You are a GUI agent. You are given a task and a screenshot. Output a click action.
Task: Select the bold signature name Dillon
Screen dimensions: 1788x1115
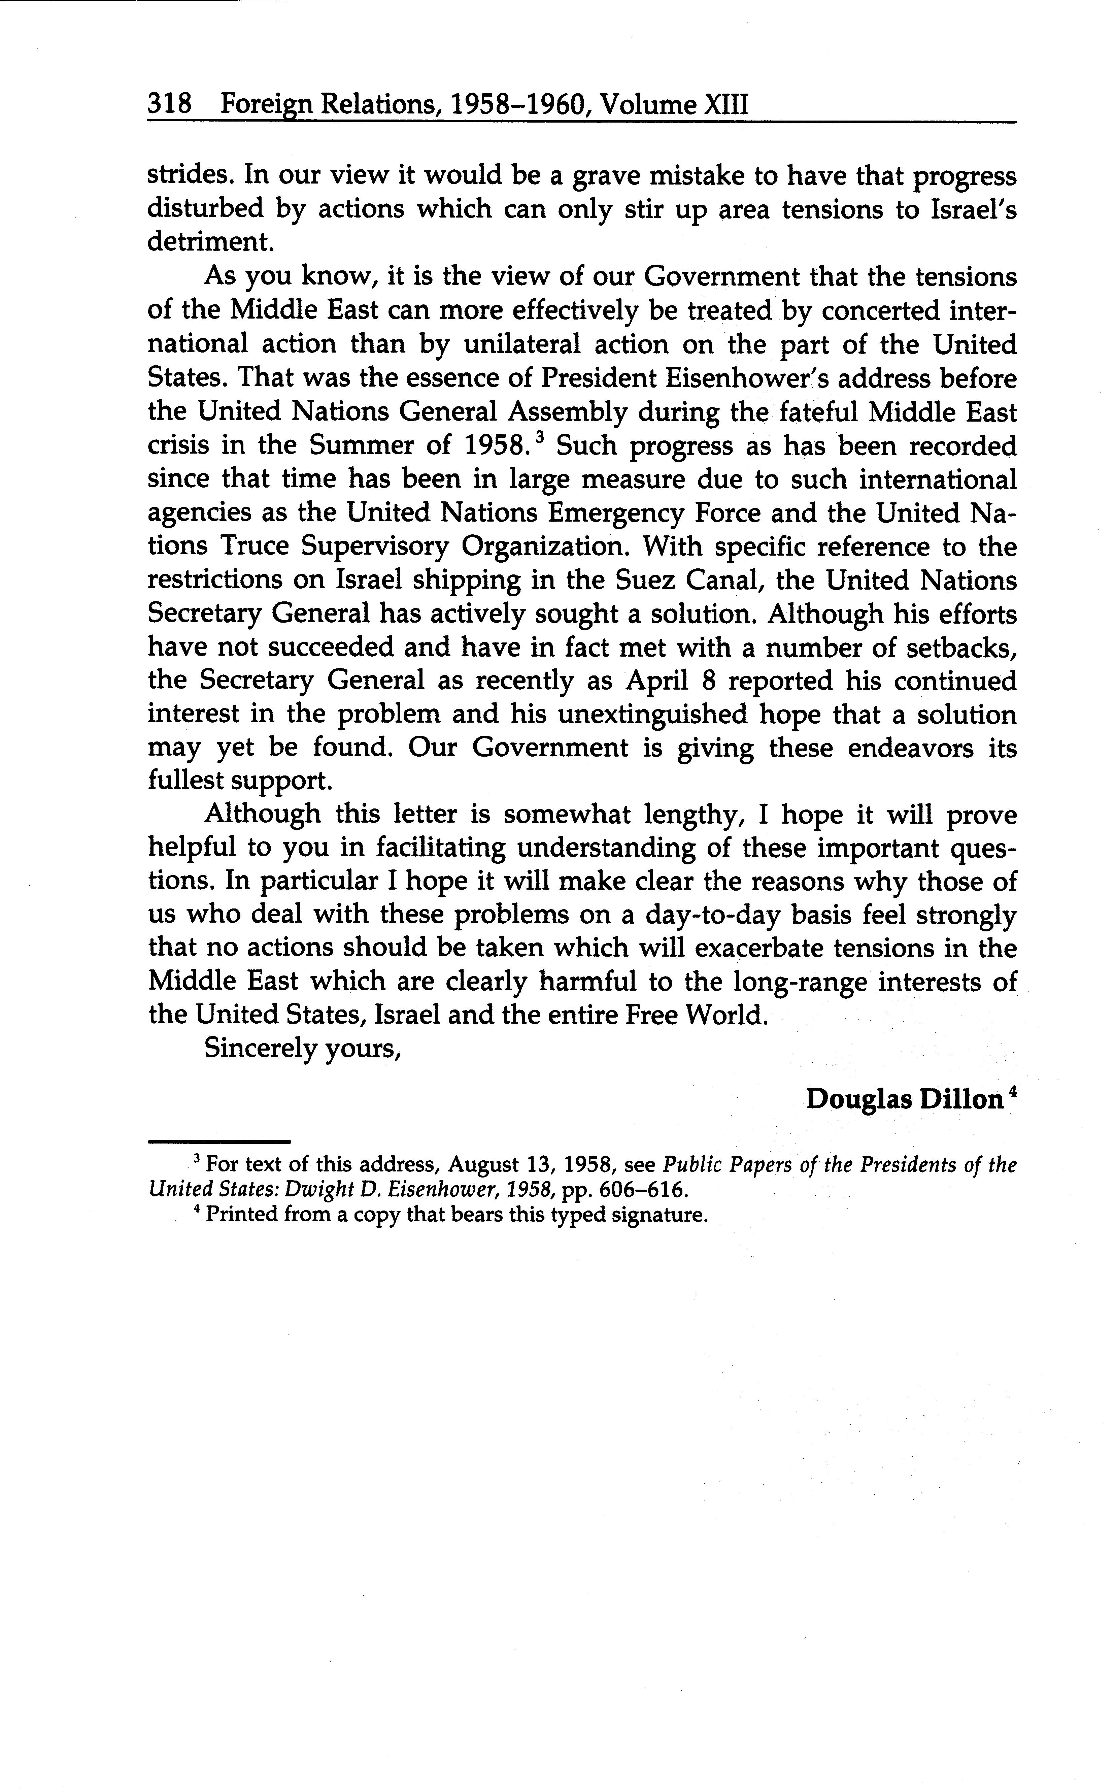pyautogui.click(x=964, y=1100)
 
